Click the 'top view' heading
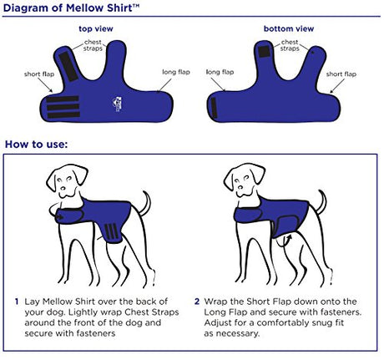coord(96,28)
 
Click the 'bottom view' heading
coord(289,28)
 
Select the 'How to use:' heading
coord(37,145)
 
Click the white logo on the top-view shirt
coord(117,104)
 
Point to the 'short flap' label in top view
coord(39,74)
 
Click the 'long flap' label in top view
coord(176,72)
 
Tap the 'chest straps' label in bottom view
coord(290,45)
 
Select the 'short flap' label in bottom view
coord(341,74)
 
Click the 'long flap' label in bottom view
coord(220,72)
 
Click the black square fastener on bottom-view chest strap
coord(264,52)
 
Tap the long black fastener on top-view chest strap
coord(68,67)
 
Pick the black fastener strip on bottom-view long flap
coord(214,109)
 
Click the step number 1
coord(17,302)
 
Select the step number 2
coord(197,302)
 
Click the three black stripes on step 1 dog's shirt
coord(112,231)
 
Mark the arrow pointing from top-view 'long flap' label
coord(165,85)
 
